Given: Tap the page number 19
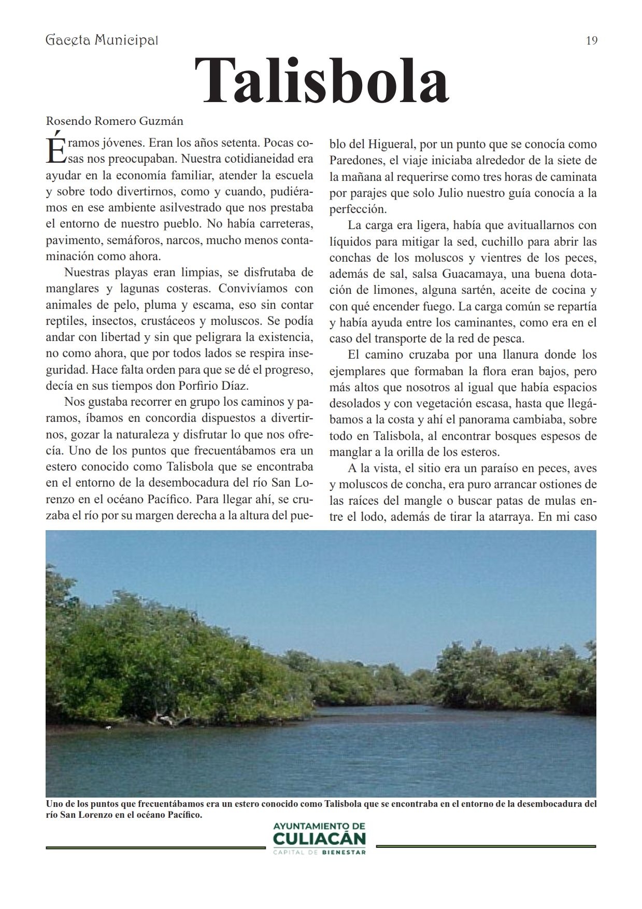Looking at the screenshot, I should click(591, 40).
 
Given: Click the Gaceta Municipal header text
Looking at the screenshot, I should click(102, 40).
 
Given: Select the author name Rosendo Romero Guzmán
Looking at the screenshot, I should click(115, 121).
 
